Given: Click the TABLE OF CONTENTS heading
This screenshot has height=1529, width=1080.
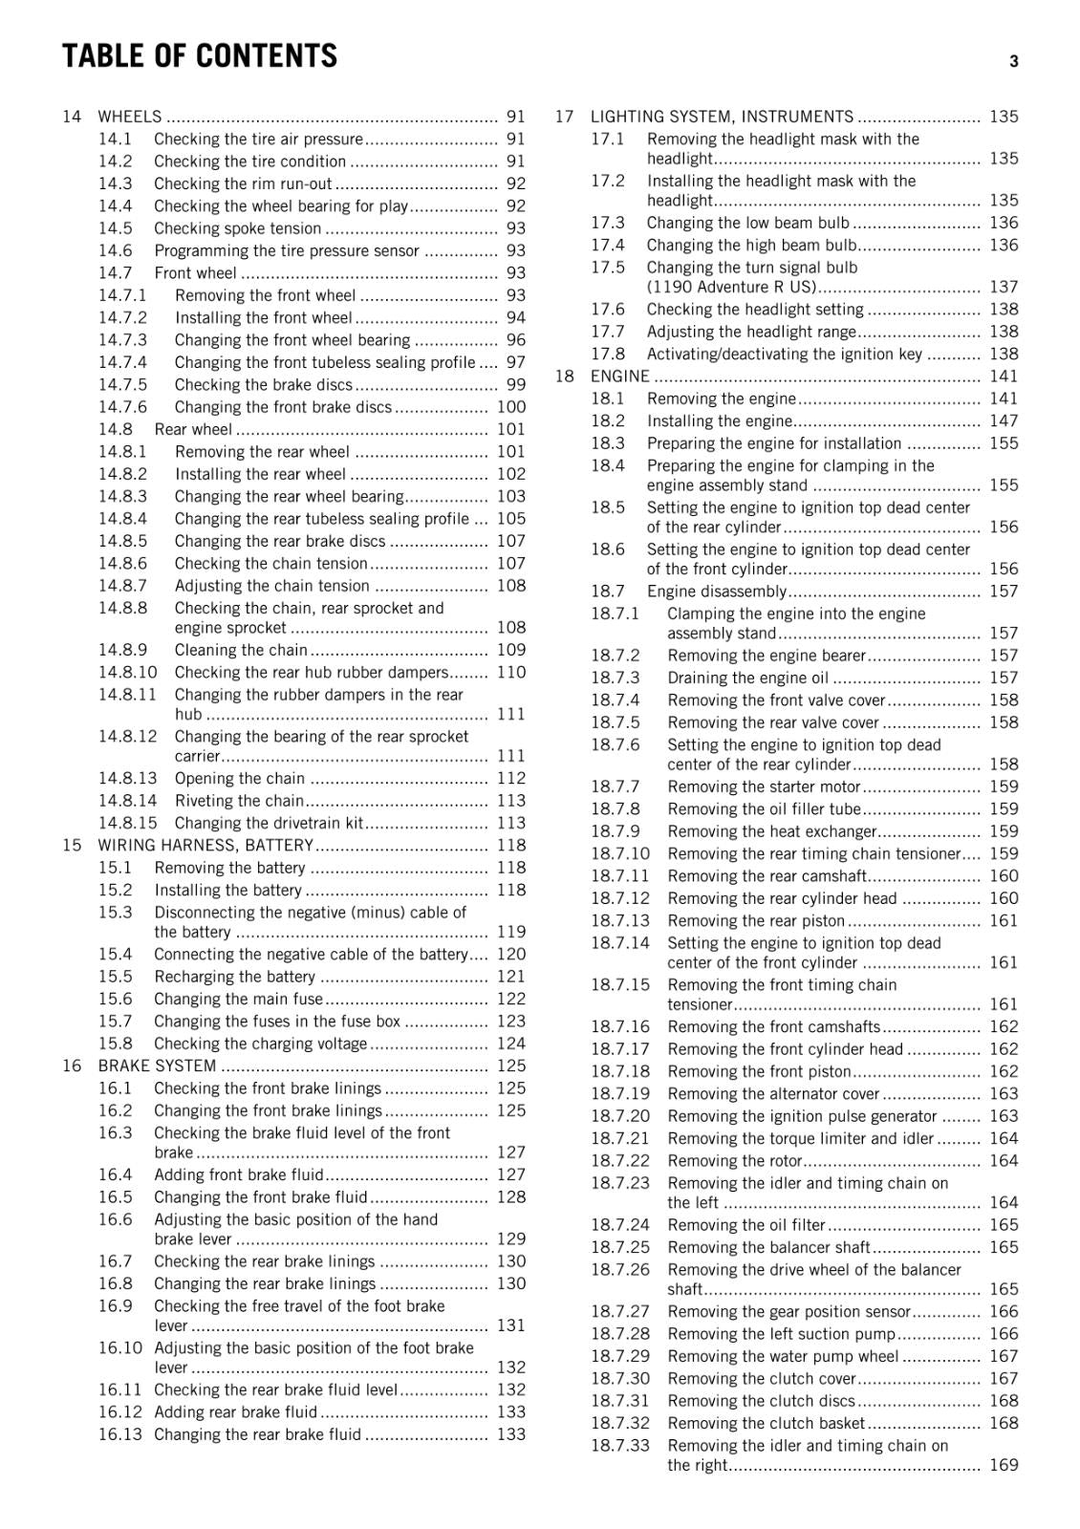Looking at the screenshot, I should coord(200,56).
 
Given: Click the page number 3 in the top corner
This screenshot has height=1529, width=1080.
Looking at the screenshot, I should coord(1013,62).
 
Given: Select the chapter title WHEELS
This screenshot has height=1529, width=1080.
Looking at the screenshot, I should coord(130,117).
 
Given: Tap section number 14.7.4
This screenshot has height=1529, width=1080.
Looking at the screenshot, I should coord(122,362).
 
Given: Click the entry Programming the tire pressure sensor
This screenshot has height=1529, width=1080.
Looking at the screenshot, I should coord(287,250).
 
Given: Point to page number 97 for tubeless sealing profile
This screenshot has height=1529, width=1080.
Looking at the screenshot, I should coord(515,362).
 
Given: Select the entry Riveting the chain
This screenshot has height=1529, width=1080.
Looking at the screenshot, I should coord(239,801).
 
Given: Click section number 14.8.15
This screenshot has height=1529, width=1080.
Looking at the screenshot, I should coord(127,823).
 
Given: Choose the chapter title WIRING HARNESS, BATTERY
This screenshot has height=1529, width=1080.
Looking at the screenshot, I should coord(205,845).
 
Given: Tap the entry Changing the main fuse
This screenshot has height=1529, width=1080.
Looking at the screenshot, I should coord(239,999).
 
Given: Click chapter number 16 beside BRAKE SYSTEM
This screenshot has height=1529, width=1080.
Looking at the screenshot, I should coord(72,1066).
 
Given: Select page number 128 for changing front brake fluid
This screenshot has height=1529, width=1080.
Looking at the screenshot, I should coord(511,1196).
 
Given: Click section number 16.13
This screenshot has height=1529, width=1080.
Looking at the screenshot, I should coord(119,1433).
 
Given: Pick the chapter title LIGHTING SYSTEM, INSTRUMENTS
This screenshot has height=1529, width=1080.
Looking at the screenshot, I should coord(722,117).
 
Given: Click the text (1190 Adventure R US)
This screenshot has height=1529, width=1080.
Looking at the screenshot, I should coord(731,287).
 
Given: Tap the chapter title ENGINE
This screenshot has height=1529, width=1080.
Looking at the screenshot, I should coord(619,376).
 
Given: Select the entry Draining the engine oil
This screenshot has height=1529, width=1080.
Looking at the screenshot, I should coord(748,678).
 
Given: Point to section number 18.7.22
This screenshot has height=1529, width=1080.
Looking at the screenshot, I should coord(619,1160).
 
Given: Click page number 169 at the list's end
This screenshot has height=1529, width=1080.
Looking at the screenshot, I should coord(1004,1465).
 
